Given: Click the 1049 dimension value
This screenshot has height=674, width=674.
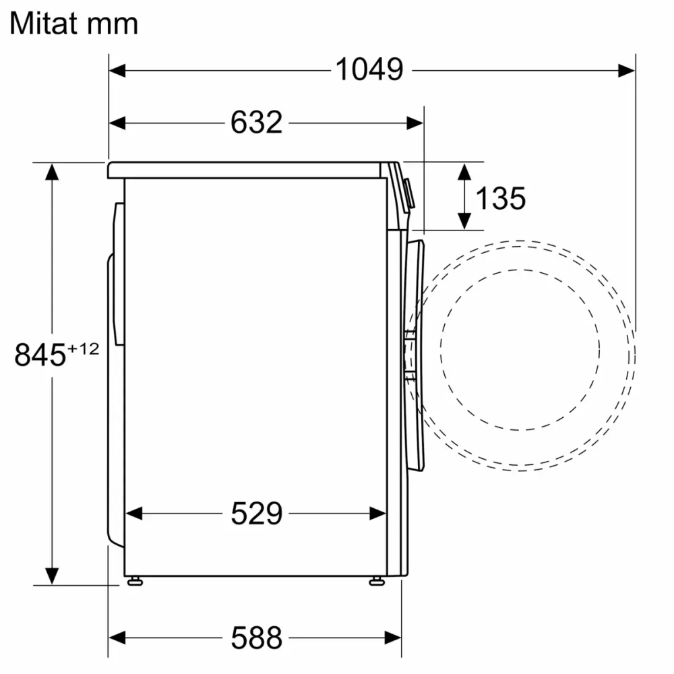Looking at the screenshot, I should (369, 69).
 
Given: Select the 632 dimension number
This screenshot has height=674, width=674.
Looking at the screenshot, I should (256, 123).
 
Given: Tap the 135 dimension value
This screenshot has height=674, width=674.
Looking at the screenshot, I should (500, 197).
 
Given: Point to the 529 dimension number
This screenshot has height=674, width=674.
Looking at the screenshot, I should (256, 514).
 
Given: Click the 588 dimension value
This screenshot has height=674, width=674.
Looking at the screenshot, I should (256, 636).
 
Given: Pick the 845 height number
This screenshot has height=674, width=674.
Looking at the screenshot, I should (39, 355).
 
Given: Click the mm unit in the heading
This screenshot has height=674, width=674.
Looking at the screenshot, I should (115, 24).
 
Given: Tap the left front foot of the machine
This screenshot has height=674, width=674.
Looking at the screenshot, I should (135, 580).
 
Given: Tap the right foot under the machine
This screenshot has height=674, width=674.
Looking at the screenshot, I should (376, 580).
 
